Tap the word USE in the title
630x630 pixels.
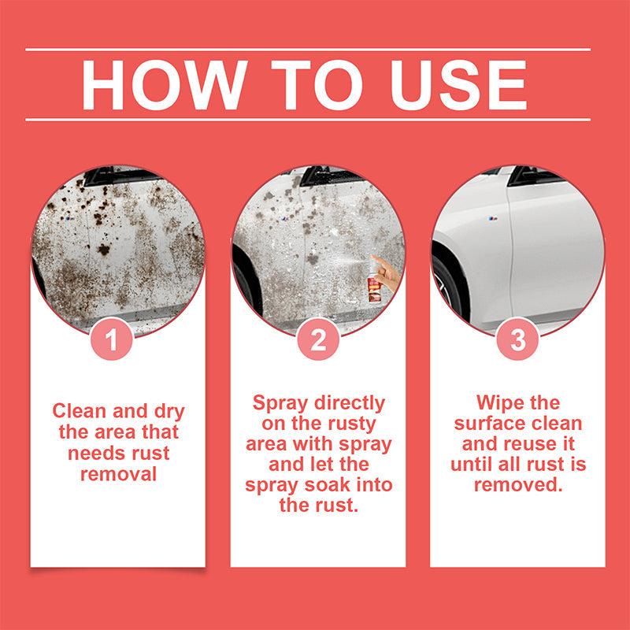coord(454,84)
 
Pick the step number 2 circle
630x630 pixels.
coord(317,340)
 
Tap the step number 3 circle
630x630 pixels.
coord(517,340)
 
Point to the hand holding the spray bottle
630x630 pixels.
coord(386,272)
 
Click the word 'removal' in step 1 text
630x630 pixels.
coord(118,474)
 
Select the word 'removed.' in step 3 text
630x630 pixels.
coord(517,485)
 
